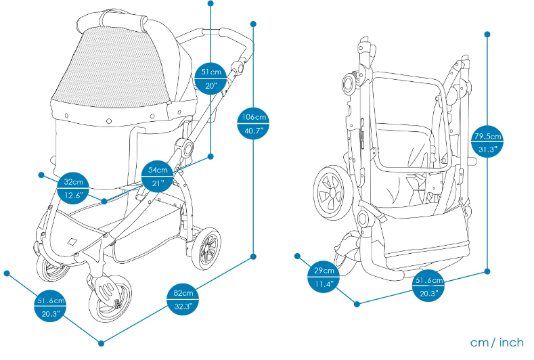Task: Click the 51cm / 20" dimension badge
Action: [210, 79]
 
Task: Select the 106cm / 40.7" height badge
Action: [254, 124]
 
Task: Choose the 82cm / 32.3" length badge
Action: [183, 300]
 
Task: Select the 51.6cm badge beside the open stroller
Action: [50, 307]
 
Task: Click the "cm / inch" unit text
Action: [497, 342]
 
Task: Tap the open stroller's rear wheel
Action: [208, 248]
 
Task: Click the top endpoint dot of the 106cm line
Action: [254, 25]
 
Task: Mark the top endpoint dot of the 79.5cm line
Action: [487, 33]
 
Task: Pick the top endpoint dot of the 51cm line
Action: [210, 4]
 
